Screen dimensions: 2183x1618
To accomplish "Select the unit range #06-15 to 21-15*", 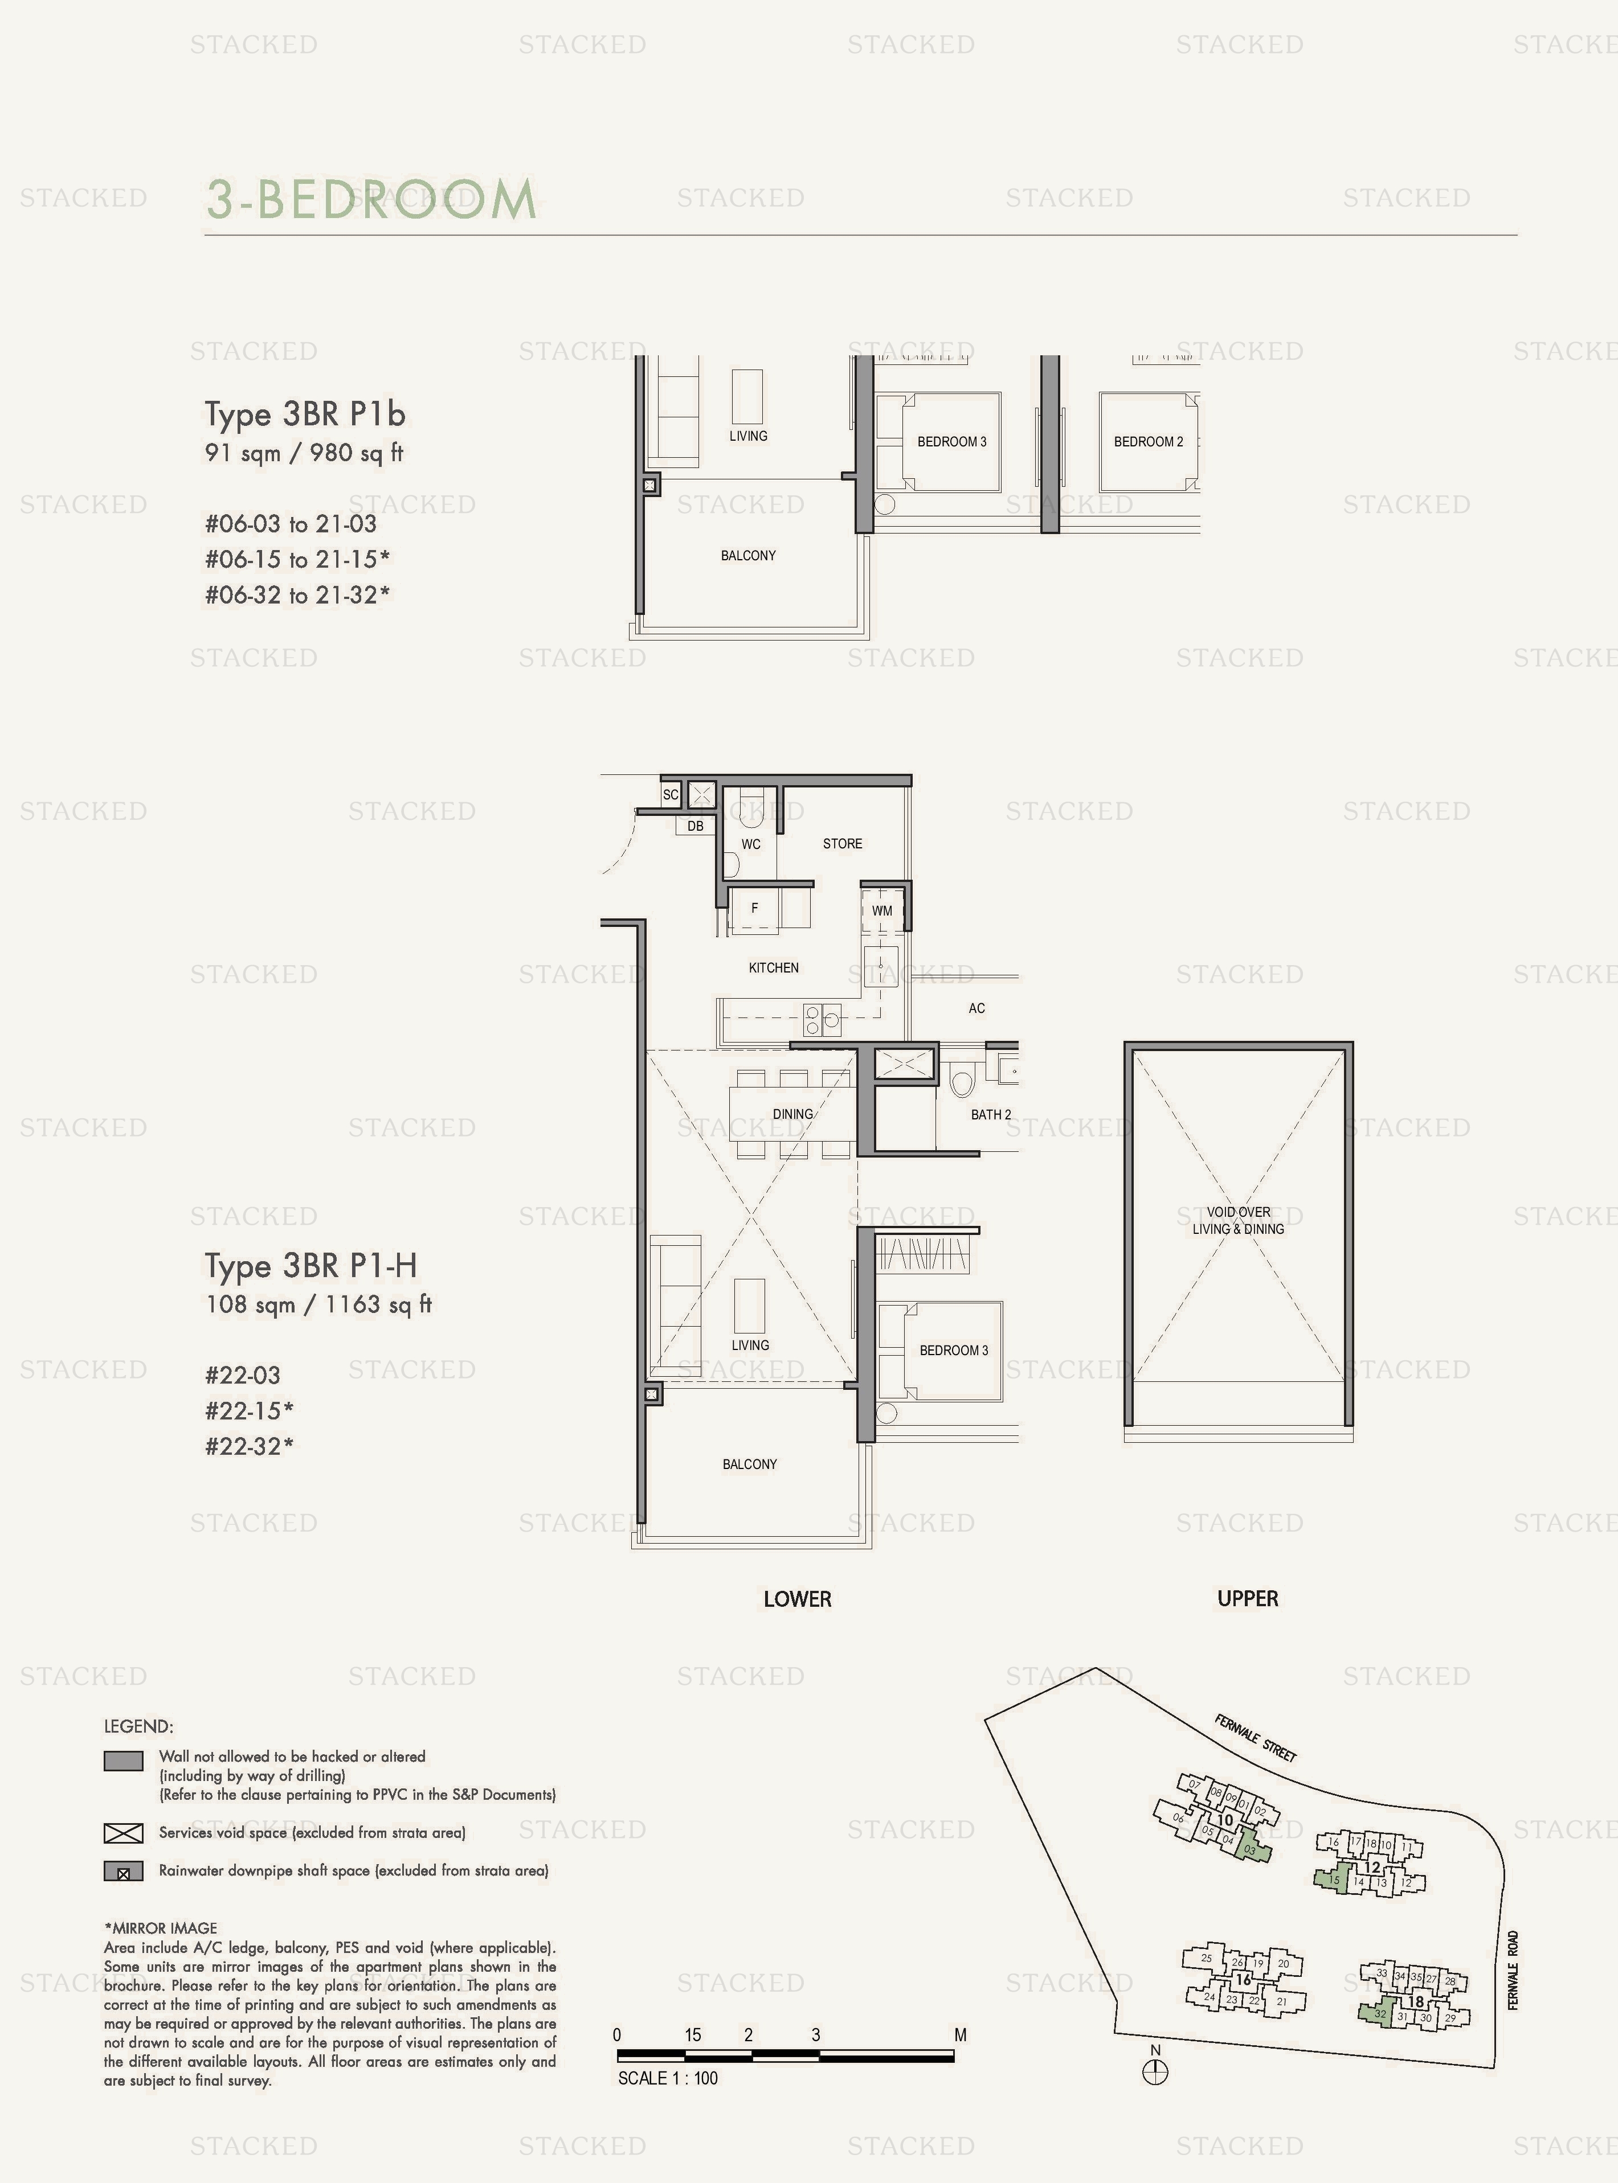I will coord(297,559).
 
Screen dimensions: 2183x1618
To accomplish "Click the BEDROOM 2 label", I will coord(1148,441).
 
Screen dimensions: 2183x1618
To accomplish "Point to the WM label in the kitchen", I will coord(881,910).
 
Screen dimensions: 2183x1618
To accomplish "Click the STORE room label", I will coord(842,843).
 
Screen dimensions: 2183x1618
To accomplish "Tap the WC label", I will coord(750,844).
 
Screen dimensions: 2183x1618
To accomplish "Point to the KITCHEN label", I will coord(774,967).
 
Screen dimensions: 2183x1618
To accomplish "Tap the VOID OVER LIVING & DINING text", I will coord(1238,1220).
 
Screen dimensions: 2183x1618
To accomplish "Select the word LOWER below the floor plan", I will coord(797,1599).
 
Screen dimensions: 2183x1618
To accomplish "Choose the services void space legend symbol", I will coord(124,1832).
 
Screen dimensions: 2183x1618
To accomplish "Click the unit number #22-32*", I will coord(249,1446).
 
